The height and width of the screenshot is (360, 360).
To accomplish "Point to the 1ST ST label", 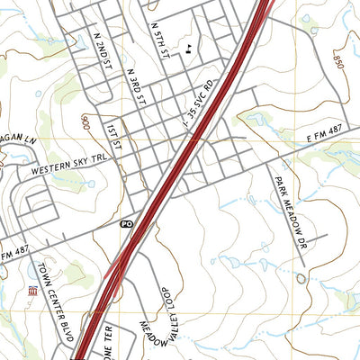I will (x=111, y=134).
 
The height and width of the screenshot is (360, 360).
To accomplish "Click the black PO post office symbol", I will (x=127, y=222).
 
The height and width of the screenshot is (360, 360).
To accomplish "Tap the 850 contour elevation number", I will (x=338, y=60).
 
